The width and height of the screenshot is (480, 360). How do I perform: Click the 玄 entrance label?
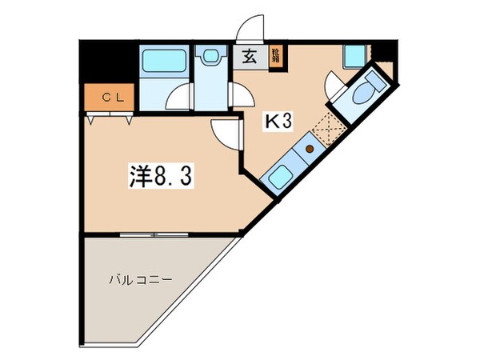pos(250,56)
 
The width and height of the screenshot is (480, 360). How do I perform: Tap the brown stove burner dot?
pos(308,150)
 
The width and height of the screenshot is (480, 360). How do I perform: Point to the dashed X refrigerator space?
pos(328,126)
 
